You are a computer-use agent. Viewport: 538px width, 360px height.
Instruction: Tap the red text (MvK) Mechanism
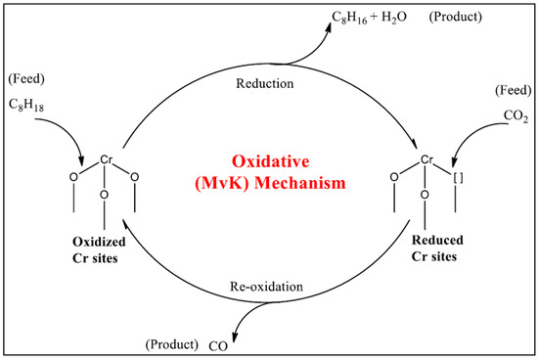(269, 181)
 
